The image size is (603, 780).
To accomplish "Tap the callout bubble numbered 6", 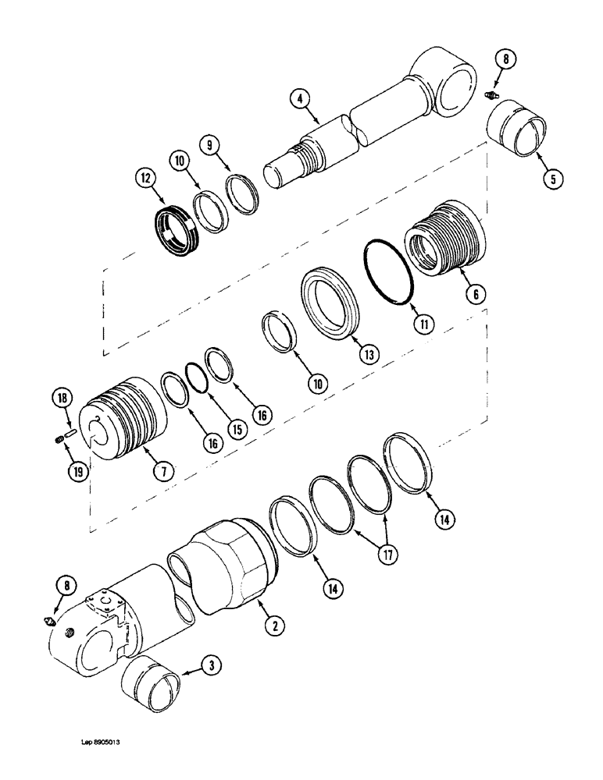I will (476, 294).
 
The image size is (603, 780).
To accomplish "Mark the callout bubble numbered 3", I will (212, 665).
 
